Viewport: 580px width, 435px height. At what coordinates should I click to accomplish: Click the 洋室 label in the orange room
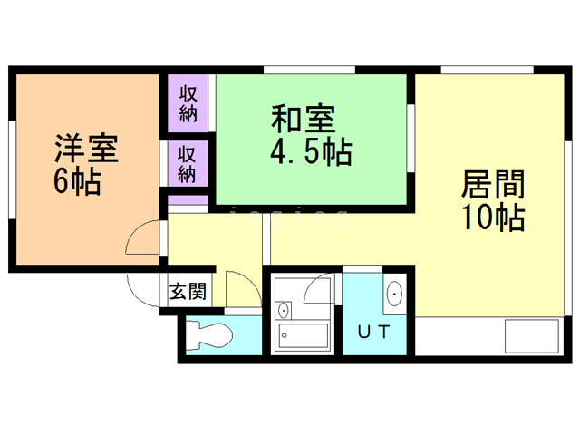pyautogui.click(x=88, y=148)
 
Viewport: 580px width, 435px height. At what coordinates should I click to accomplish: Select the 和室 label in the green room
pyautogui.click(x=303, y=120)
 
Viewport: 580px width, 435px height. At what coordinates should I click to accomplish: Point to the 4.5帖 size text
pyautogui.click(x=310, y=151)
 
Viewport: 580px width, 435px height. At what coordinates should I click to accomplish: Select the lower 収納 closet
pyautogui.click(x=188, y=163)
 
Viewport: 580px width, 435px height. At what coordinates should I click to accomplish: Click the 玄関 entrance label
pyautogui.click(x=188, y=292)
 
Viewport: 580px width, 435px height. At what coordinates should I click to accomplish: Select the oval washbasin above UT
pyautogui.click(x=394, y=295)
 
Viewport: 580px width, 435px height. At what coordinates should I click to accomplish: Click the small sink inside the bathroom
pyautogui.click(x=285, y=308)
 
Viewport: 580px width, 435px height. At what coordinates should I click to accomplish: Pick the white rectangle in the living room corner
pyautogui.click(x=533, y=336)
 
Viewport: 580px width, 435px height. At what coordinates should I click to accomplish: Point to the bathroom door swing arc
pyautogui.click(x=319, y=290)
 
